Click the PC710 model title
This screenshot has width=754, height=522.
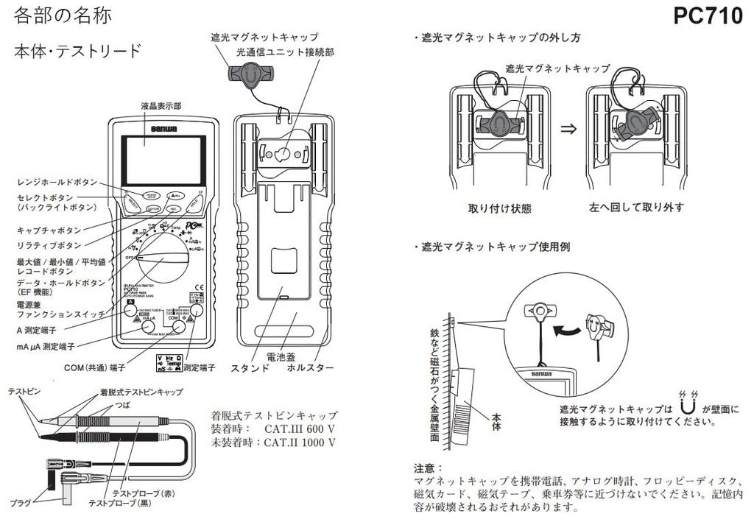point(708,15)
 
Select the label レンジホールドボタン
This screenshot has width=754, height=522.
point(56,181)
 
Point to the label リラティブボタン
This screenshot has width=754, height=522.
point(49,244)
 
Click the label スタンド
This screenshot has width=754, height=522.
point(250,367)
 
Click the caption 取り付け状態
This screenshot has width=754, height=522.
point(499,208)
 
